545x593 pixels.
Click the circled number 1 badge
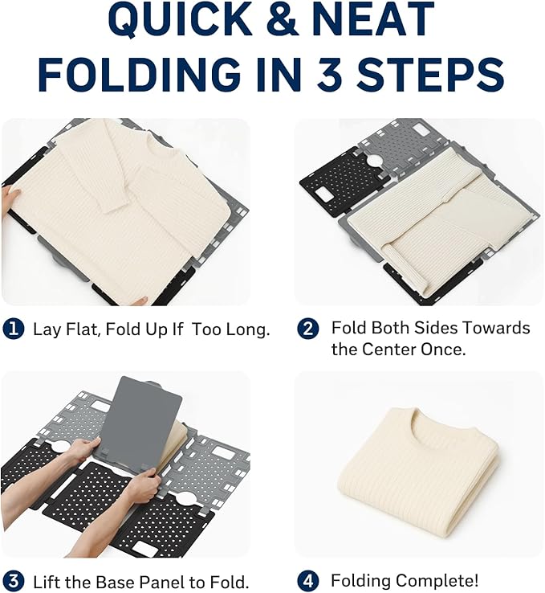click(x=14, y=329)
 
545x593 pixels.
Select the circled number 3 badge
click(x=14, y=581)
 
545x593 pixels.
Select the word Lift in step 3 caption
click(x=46, y=581)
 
